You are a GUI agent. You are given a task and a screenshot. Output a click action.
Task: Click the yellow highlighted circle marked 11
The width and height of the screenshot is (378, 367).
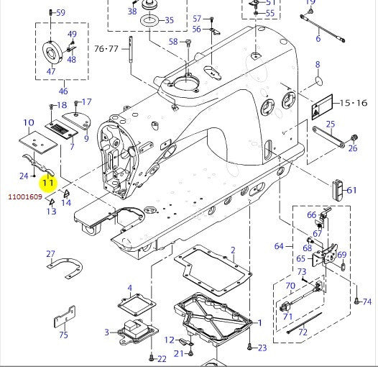pyautogui.click(x=48, y=182)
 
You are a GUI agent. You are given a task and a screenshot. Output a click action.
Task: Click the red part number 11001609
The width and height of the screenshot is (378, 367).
pyautogui.click(x=24, y=196)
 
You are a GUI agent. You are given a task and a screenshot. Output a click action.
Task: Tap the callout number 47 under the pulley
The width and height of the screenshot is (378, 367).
pyautogui.click(x=51, y=72)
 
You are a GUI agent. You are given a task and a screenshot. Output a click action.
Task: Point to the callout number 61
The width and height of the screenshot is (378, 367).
pyautogui.click(x=351, y=191)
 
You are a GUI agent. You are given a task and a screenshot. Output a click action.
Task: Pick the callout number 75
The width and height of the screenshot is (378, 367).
pyautogui.click(x=63, y=335)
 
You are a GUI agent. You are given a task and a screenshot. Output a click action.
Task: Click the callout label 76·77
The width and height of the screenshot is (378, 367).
pyautogui.click(x=108, y=50)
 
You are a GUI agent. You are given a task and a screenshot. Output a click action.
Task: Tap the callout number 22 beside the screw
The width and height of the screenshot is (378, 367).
pyautogui.click(x=162, y=358)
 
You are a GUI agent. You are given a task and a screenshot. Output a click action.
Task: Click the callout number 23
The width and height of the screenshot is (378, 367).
pyautogui.click(x=262, y=348)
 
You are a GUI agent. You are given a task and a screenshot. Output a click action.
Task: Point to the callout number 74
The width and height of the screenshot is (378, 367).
pyautogui.click(x=367, y=302)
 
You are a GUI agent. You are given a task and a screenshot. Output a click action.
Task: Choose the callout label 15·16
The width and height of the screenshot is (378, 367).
pyautogui.click(x=353, y=104)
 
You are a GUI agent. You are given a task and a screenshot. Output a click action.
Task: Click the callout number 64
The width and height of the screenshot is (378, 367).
pyautogui.click(x=280, y=247)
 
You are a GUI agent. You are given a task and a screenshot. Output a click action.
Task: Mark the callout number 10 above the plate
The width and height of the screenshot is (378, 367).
pyautogui.click(x=29, y=123)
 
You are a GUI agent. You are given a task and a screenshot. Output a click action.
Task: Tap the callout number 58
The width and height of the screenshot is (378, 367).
pyautogui.click(x=173, y=42)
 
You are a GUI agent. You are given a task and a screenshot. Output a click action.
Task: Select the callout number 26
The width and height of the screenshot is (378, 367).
pyautogui.click(x=352, y=149)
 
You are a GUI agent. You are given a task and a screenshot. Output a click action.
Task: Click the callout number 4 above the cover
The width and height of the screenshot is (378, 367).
pyautogui.click(x=130, y=289)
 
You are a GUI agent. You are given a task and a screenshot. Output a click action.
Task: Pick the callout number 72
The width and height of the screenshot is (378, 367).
pyautogui.click(x=303, y=332)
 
